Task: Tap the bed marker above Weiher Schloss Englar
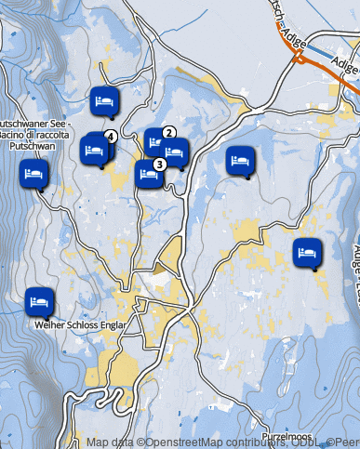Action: tap(38, 301)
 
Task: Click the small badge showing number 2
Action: tap(169, 132)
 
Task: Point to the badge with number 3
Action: tap(160, 164)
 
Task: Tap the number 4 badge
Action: tap(110, 136)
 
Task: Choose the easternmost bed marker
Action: tap(307, 251)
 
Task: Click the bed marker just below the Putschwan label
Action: tap(34, 173)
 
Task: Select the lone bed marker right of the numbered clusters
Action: tap(241, 160)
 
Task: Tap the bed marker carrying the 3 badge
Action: tap(148, 174)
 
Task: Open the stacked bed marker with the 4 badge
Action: tap(96, 149)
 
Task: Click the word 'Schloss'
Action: tap(82, 325)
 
